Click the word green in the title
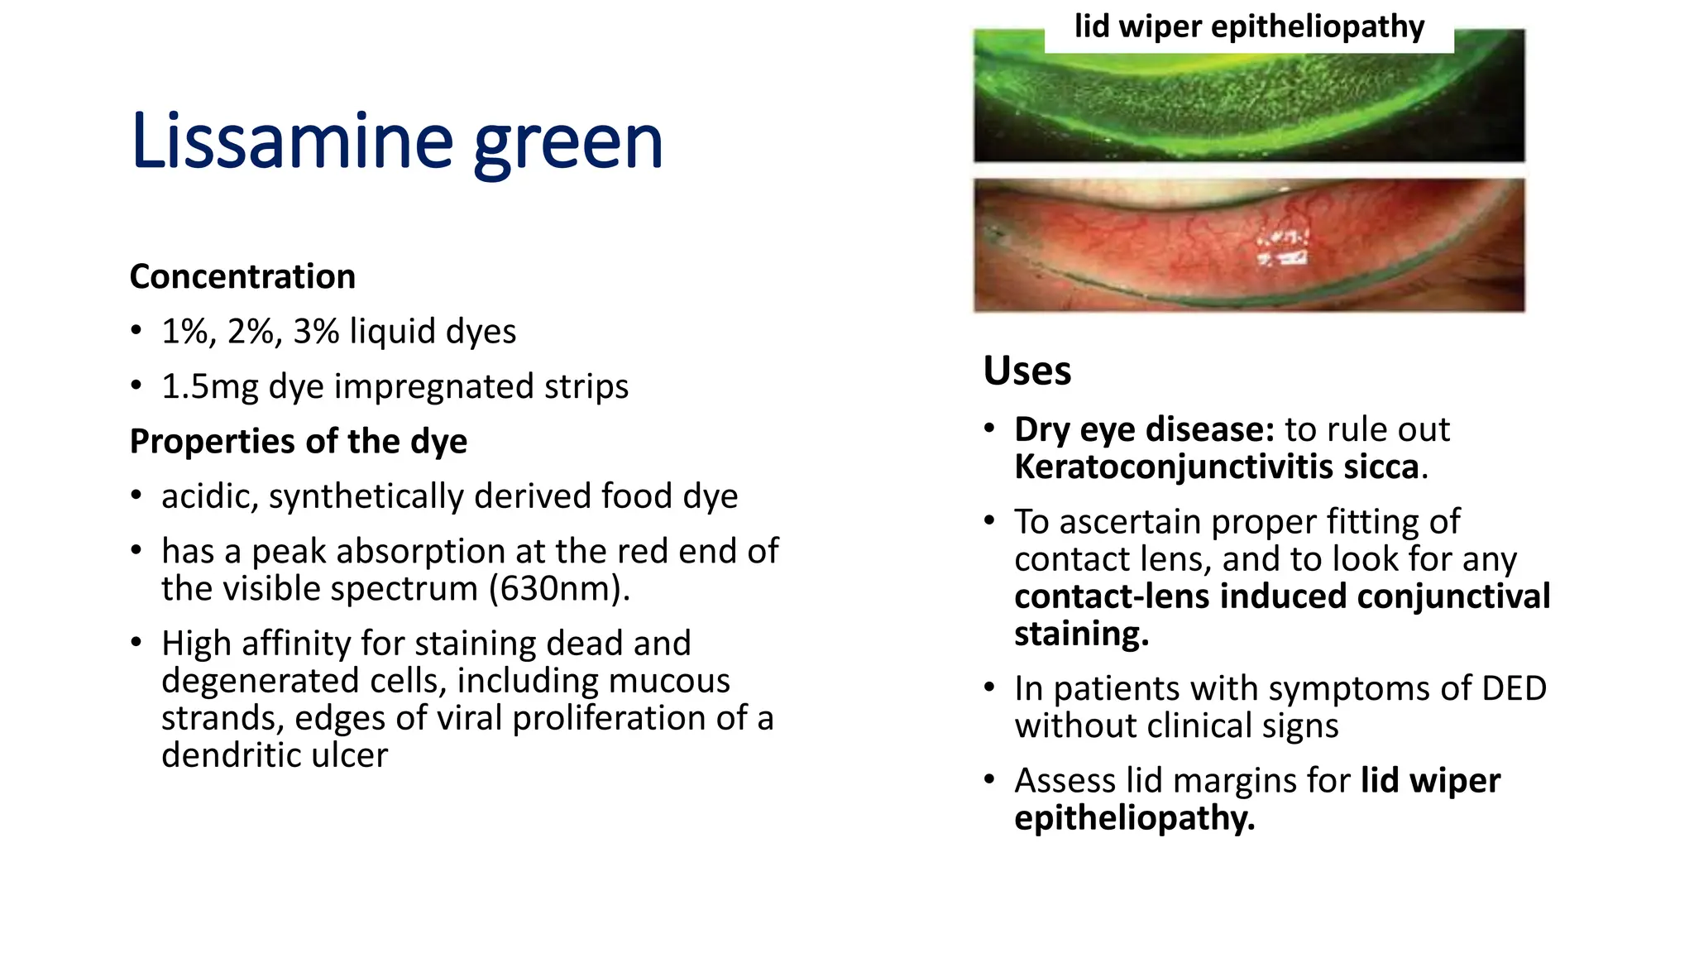568,145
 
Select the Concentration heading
242,276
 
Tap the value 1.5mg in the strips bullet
209,386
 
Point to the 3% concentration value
316,332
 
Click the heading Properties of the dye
299,442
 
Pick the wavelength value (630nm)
558,589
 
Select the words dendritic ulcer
275,755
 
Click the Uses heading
1027,370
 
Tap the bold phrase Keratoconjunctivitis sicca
1217,467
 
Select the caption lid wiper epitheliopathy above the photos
1249,26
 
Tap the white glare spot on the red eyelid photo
1283,248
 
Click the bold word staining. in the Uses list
1082,635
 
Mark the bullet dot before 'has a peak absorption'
136,551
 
